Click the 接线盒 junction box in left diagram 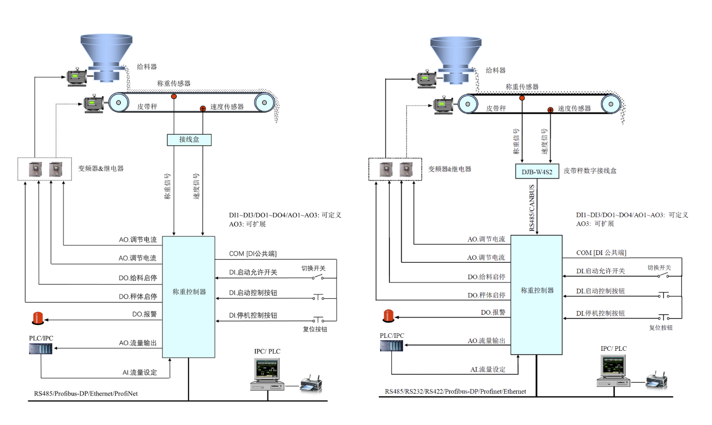tap(189, 140)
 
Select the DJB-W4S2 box tap(537, 171)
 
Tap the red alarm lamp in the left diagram tap(38, 318)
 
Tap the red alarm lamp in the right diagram tap(388, 316)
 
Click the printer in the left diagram tap(311, 384)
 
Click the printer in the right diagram tap(657, 380)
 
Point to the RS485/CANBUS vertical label tap(532, 207)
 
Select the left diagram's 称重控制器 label tap(189, 292)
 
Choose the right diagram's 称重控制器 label tap(537, 290)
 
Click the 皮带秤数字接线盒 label tap(590, 171)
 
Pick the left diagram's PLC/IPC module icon tap(41, 349)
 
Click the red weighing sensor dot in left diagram tap(174, 96)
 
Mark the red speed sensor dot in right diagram tap(550, 110)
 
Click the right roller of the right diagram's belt tap(611, 104)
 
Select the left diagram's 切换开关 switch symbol tap(318, 277)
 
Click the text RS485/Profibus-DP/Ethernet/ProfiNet tap(86, 394)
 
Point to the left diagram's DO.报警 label tap(144, 314)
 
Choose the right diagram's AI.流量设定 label tap(488, 370)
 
